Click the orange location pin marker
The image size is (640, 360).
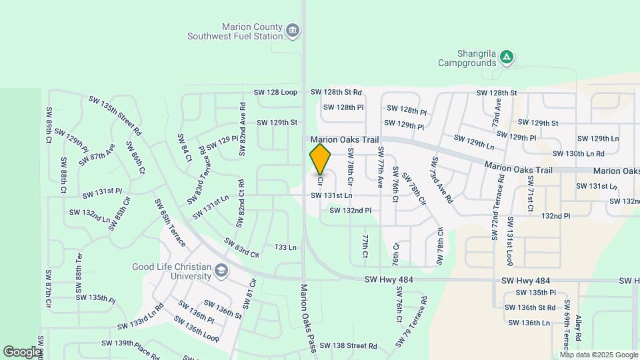(321, 159)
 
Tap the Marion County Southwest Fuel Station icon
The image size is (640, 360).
(292, 30)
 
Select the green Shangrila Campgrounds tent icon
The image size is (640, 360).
(507, 57)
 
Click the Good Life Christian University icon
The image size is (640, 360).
(221, 271)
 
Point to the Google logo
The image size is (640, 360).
(22, 351)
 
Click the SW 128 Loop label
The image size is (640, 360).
(275, 92)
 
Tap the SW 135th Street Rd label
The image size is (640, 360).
(115, 115)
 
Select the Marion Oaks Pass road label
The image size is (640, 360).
(307, 319)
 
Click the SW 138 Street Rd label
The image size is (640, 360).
(348, 346)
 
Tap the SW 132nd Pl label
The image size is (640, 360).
(350, 211)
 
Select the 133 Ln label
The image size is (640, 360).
(285, 247)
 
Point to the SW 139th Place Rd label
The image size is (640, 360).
(130, 349)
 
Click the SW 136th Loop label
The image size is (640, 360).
(197, 328)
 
